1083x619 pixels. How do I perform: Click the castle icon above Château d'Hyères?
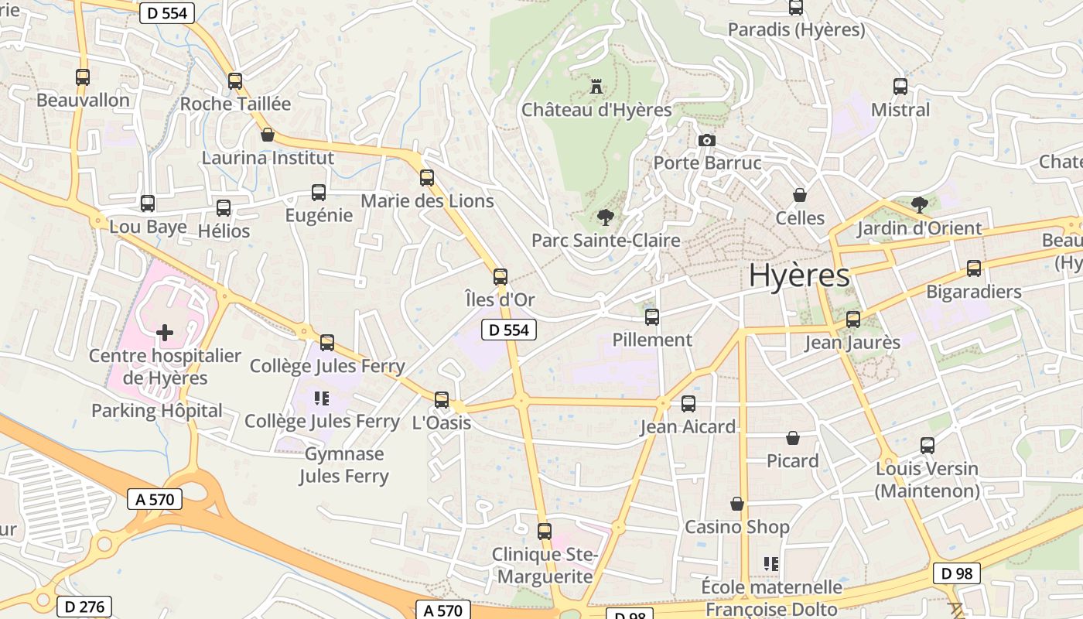tap(596, 86)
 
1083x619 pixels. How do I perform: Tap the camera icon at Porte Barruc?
tap(706, 140)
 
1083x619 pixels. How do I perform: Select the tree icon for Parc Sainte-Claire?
tap(605, 217)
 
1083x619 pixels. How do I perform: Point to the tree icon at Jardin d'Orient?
tap(919, 204)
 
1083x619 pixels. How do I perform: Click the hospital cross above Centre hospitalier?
tap(165, 333)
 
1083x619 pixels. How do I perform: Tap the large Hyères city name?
tap(799, 275)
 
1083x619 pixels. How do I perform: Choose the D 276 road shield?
tap(84, 607)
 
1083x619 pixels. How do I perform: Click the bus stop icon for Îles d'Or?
tap(501, 276)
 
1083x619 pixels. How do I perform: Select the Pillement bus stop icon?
tap(652, 316)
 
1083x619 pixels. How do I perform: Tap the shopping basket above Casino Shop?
tap(737, 504)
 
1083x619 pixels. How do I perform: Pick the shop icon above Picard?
tap(793, 438)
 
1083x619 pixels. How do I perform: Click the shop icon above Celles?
tap(800, 195)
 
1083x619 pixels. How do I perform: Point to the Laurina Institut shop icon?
tap(268, 135)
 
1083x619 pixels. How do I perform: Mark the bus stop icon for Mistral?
tap(900, 86)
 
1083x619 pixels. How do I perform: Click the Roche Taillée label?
tap(235, 104)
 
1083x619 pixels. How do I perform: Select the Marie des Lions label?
tap(427, 201)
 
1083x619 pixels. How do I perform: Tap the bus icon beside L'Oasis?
tap(442, 399)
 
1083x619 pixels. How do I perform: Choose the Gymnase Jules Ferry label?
tap(344, 464)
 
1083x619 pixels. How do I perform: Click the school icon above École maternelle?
tap(771, 563)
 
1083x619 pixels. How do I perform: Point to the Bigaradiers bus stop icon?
tap(974, 268)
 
